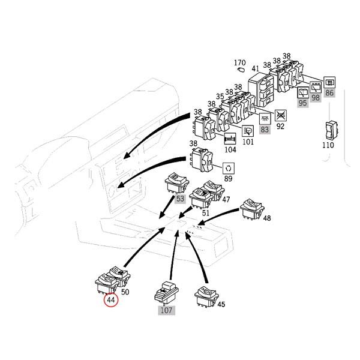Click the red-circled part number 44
point(111,300)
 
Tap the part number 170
point(239,62)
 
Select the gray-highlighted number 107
point(166,310)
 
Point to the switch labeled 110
point(332,130)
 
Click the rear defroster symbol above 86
point(329,82)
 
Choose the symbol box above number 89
point(229,169)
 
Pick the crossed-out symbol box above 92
point(281,115)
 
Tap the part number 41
point(256,68)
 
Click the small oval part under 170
point(241,70)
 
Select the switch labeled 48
point(252,209)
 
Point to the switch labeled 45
point(206,296)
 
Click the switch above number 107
point(166,293)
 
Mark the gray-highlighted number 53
point(180,199)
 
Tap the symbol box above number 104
point(230,139)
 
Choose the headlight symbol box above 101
point(248,131)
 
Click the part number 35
point(220,97)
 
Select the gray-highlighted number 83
point(265,130)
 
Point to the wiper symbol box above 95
point(303,92)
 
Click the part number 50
point(125,292)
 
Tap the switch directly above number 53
point(177,183)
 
